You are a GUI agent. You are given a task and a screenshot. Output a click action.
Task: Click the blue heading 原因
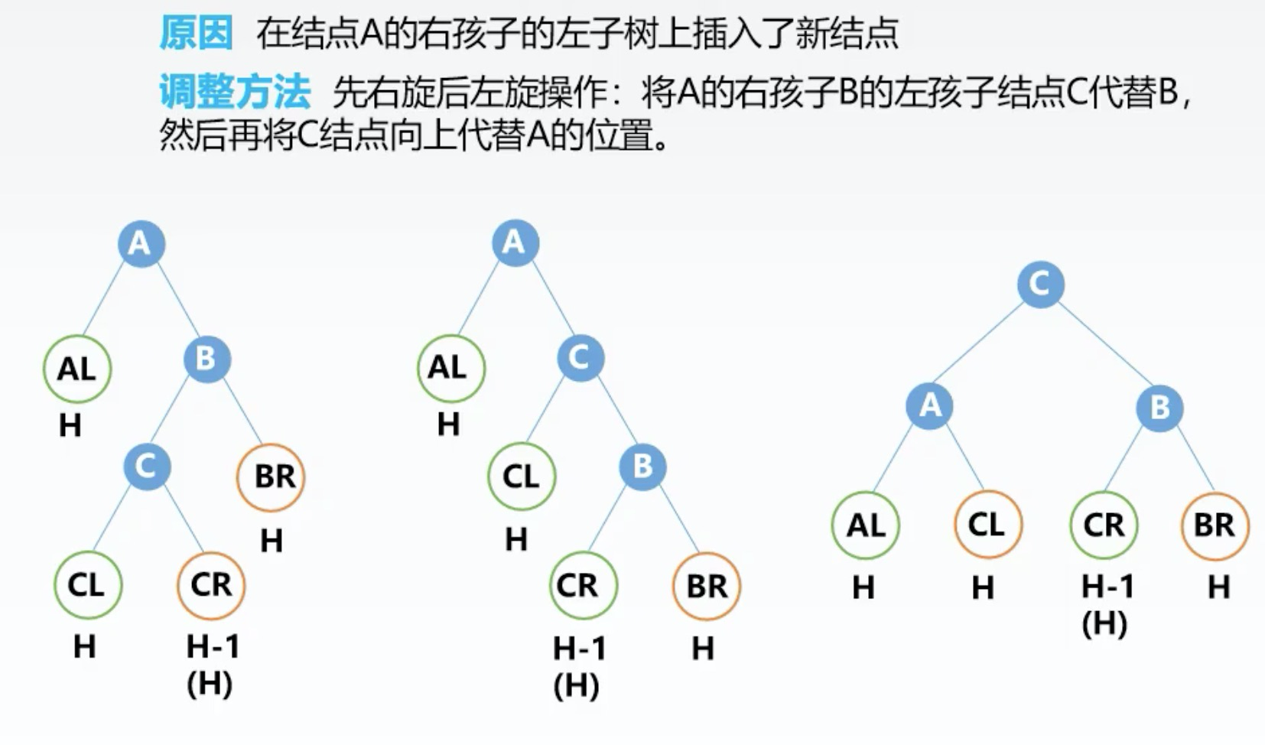196,34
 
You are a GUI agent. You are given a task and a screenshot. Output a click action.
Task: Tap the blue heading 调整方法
235,93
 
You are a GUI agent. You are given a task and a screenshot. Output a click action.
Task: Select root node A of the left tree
141,243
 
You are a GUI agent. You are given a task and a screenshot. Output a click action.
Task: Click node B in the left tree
206,359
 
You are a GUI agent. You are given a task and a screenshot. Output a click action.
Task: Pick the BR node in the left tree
272,477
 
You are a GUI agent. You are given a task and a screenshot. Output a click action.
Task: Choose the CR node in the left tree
211,585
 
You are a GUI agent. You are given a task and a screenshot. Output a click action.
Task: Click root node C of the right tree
1040,285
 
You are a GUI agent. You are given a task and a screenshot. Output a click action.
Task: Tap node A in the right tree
929,405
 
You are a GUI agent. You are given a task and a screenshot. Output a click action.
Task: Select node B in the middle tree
642,467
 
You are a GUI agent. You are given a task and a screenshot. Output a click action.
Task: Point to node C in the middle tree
580,358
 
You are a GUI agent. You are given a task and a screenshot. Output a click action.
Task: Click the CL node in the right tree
987,525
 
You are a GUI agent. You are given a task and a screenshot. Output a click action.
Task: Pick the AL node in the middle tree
450,368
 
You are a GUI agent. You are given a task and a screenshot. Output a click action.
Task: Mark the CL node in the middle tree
522,477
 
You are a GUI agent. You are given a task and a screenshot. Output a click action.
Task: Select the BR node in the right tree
1215,525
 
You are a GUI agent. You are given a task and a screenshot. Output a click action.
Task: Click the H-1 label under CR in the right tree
1107,587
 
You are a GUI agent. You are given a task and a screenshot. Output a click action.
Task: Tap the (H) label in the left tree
210,683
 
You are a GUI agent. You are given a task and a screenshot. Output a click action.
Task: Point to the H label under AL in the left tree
70,425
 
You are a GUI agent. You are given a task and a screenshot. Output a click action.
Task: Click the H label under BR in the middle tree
703,649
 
